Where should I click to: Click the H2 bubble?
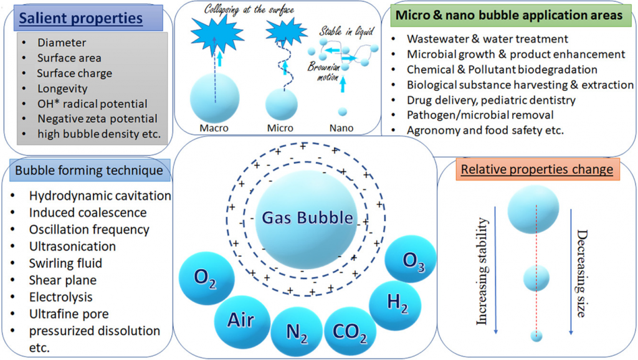pyautogui.click(x=394, y=303)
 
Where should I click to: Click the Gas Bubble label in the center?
pyautogui.click(x=307, y=219)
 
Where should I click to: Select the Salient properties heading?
pyautogui.click(x=80, y=19)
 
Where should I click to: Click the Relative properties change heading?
pyautogui.click(x=536, y=169)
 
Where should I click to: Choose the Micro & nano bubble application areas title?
pyautogui.click(x=508, y=15)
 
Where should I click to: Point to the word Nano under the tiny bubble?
pyautogui.click(x=342, y=128)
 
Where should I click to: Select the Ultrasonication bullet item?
pyautogui.click(x=72, y=246)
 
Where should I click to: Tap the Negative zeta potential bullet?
pyautogui.click(x=97, y=118)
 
